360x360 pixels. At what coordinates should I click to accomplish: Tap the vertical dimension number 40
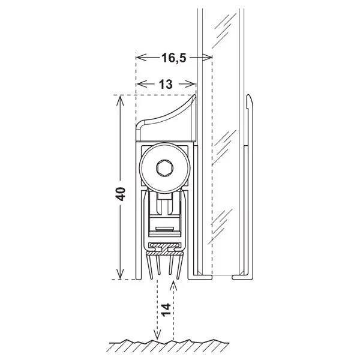121,194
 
